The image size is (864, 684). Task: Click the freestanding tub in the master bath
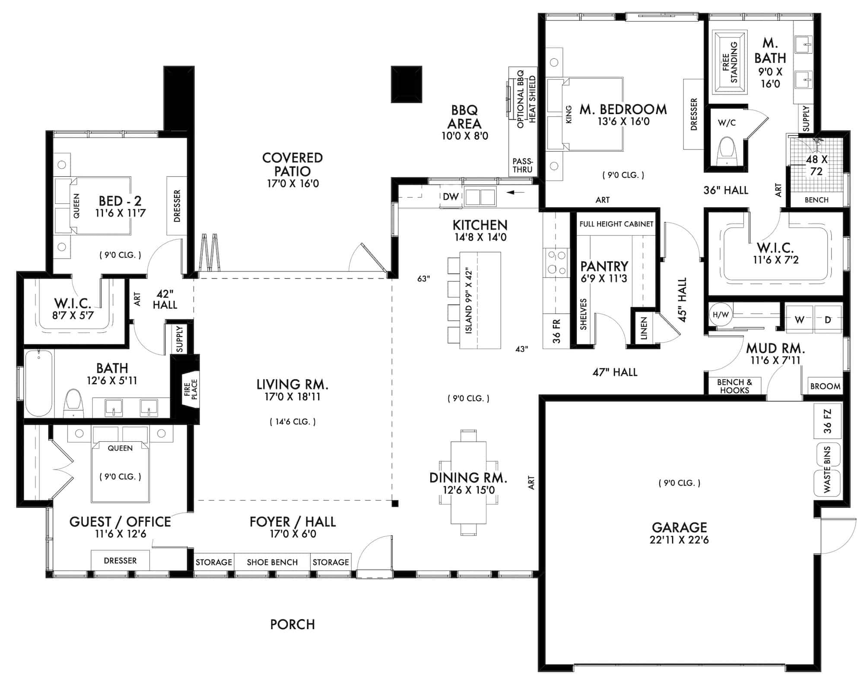pos(729,62)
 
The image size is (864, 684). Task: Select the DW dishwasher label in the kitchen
pos(451,197)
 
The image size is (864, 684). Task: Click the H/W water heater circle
pos(720,315)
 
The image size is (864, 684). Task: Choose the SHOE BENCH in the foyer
pos(272,562)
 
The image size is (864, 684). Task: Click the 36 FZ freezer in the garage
pos(827,421)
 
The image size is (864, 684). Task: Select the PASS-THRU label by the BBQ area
pos(522,166)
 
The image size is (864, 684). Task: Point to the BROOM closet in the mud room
pos(825,386)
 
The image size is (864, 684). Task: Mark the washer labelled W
pos(799,320)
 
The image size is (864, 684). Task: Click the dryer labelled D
pos(828,320)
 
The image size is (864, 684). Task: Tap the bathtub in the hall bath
pos(39,383)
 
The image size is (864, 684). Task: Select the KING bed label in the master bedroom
pos(569,115)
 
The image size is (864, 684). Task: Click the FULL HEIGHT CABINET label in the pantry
pos(616,224)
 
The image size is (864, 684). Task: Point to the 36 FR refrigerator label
pos(556,331)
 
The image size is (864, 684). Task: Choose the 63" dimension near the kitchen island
pos(424,279)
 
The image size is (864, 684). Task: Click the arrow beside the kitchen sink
pos(516,192)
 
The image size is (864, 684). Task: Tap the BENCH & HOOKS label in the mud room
pos(734,386)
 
